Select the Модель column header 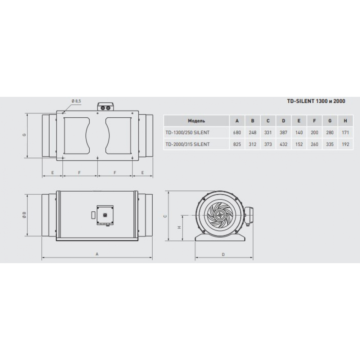click(x=197, y=121)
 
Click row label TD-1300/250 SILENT click(x=187, y=132)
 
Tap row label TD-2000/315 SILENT click(x=187, y=144)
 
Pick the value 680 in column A click(x=237, y=132)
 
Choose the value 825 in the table click(x=237, y=144)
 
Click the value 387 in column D click(x=283, y=132)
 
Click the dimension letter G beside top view click(x=24, y=135)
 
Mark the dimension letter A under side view click(x=97, y=254)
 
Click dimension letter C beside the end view click(x=165, y=216)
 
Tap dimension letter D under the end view click(x=223, y=255)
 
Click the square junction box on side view click(x=105, y=214)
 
